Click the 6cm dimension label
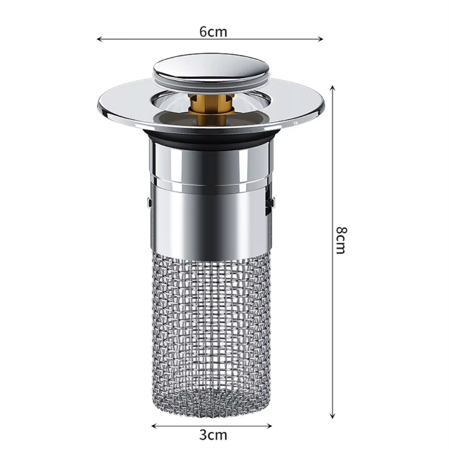213,32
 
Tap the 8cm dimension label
341,240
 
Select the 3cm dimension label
213,435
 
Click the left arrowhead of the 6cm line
99,39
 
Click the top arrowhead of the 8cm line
332,88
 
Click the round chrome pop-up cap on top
211,69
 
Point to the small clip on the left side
149,202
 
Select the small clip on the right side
272,202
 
